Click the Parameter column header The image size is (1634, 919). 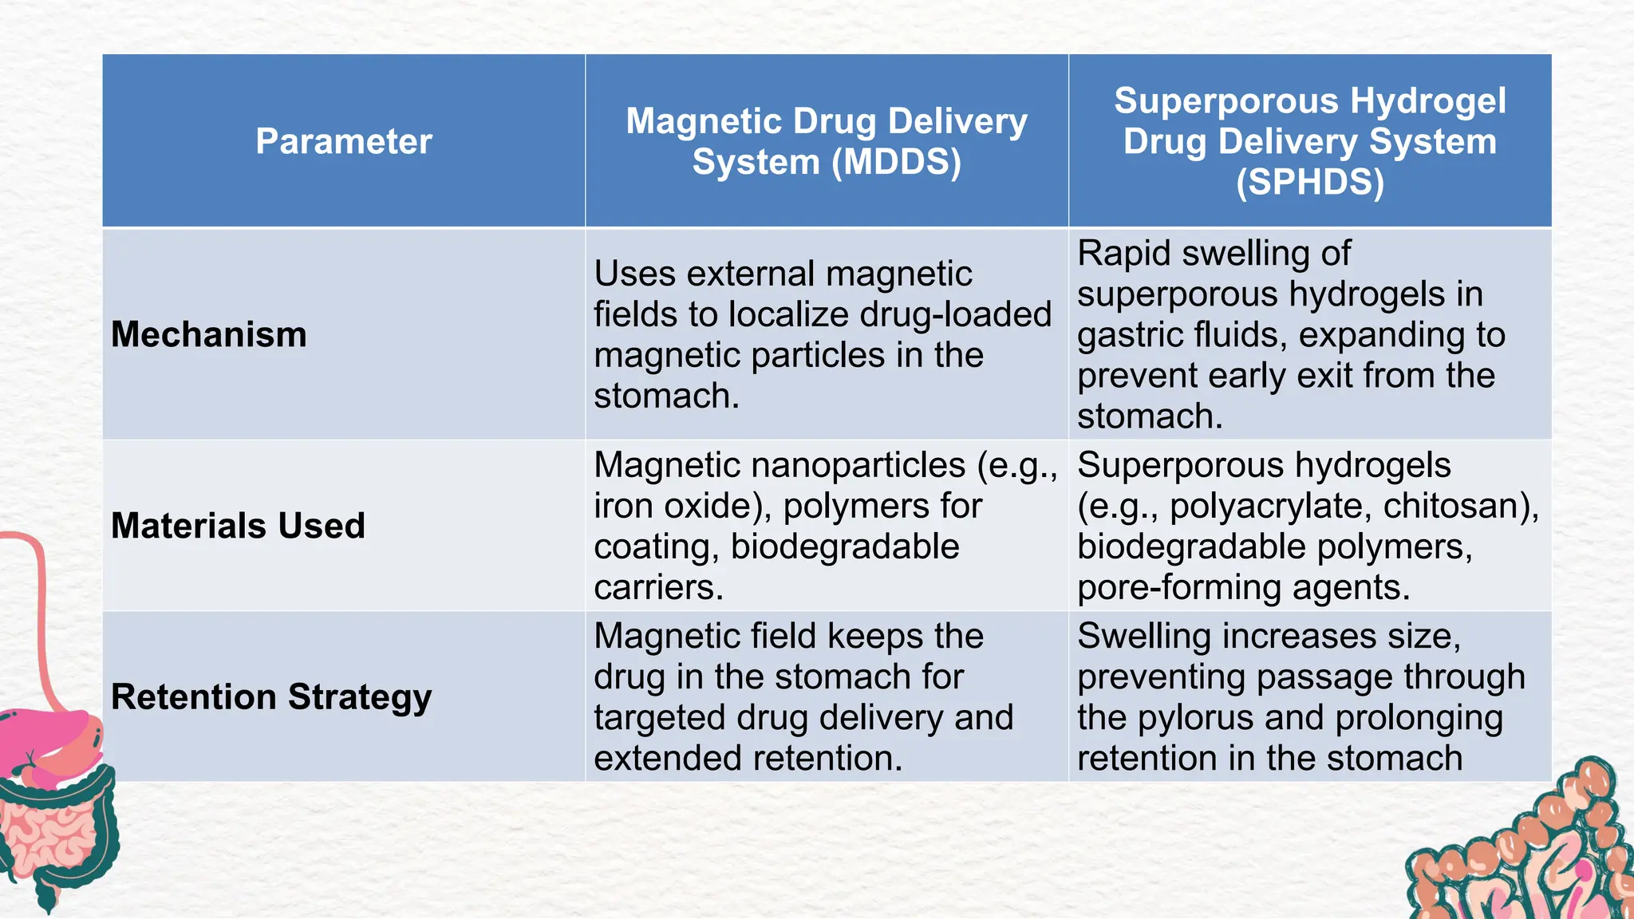[x=343, y=141]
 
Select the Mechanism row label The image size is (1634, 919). [x=209, y=334]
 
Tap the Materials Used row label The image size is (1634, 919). [x=238, y=526]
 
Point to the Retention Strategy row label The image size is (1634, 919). [x=271, y=696]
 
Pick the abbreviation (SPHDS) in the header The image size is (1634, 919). [x=1309, y=182]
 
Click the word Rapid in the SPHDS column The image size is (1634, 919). [x=1123, y=254]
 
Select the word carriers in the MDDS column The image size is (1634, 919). [x=658, y=587]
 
